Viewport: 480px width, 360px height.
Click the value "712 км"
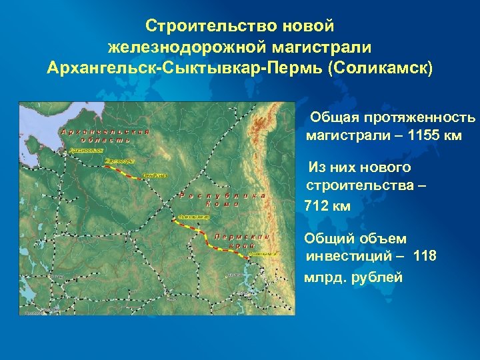[326, 207]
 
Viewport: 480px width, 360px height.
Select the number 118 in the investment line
[425, 255]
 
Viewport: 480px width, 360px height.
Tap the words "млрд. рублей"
[353, 277]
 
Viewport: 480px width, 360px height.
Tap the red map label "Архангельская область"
[105, 135]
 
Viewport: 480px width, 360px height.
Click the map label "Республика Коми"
[224, 200]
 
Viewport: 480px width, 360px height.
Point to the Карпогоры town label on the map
[120, 161]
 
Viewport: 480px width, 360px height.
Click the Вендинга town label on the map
[155, 176]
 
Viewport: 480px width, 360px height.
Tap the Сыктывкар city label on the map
[193, 217]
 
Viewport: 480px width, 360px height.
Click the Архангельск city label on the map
[85, 151]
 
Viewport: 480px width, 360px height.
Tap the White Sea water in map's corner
[40, 117]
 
